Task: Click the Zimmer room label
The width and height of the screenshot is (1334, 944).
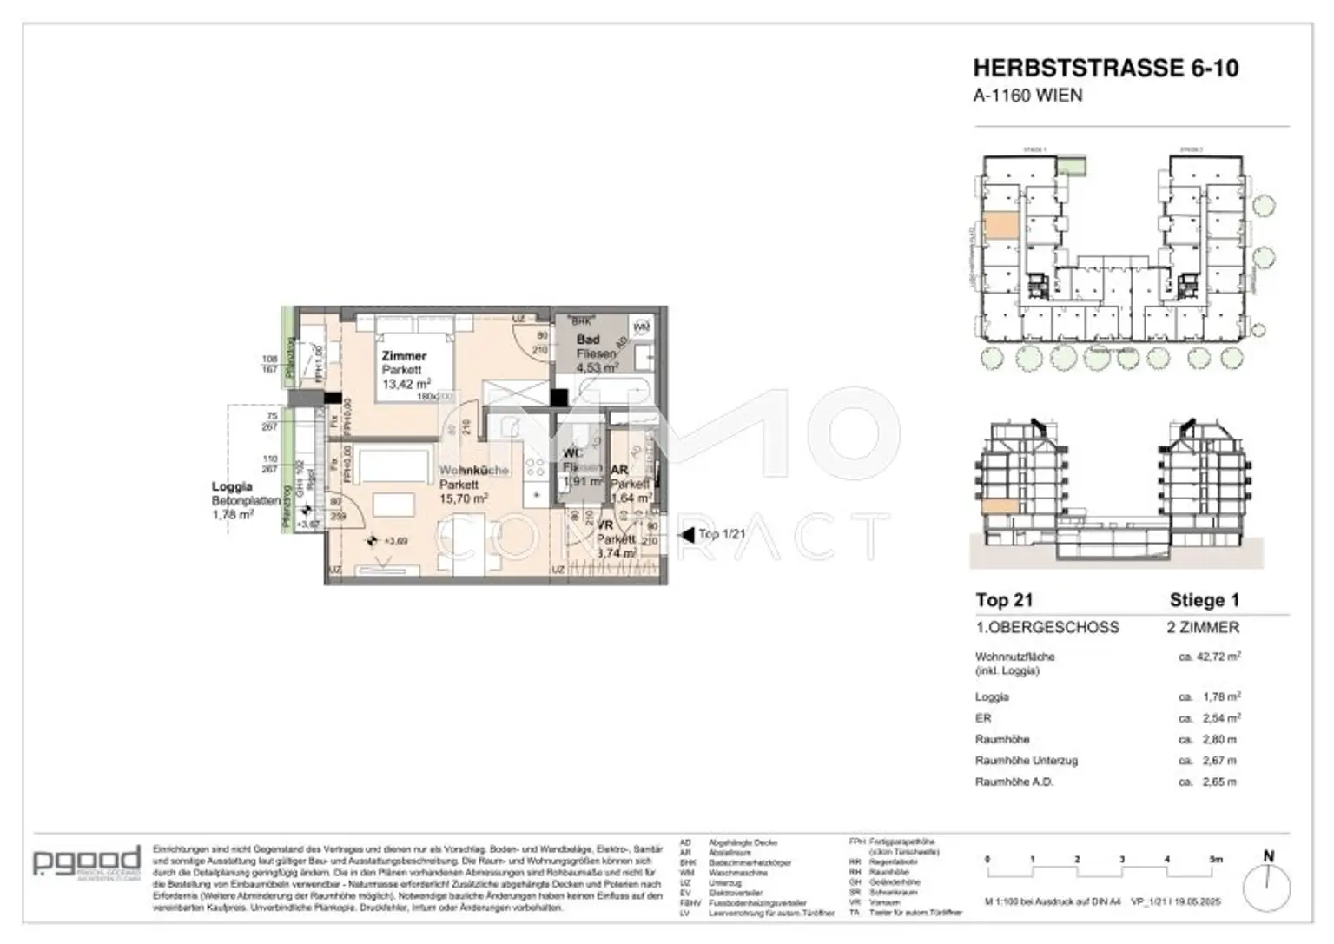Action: [404, 356]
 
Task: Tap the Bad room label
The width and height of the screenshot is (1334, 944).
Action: [588, 340]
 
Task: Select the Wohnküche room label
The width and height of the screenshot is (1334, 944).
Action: [473, 470]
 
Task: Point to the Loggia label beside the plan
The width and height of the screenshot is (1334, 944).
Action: [232, 487]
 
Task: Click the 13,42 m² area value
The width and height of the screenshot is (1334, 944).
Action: [406, 384]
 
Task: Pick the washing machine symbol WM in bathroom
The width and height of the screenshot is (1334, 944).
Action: [642, 327]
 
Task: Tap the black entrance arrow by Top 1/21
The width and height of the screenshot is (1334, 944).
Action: [688, 535]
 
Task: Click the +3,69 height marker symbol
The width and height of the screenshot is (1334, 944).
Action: [373, 540]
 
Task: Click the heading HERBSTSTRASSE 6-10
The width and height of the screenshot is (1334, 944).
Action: [1105, 68]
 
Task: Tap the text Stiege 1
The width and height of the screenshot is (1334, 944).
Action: [1204, 600]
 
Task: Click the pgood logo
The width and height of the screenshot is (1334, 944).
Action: [86, 861]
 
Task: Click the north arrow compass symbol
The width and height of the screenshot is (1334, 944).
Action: [1266, 886]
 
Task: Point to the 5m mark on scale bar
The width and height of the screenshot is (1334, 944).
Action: [1216, 860]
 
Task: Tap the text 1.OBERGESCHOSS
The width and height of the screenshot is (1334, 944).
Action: [1047, 627]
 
